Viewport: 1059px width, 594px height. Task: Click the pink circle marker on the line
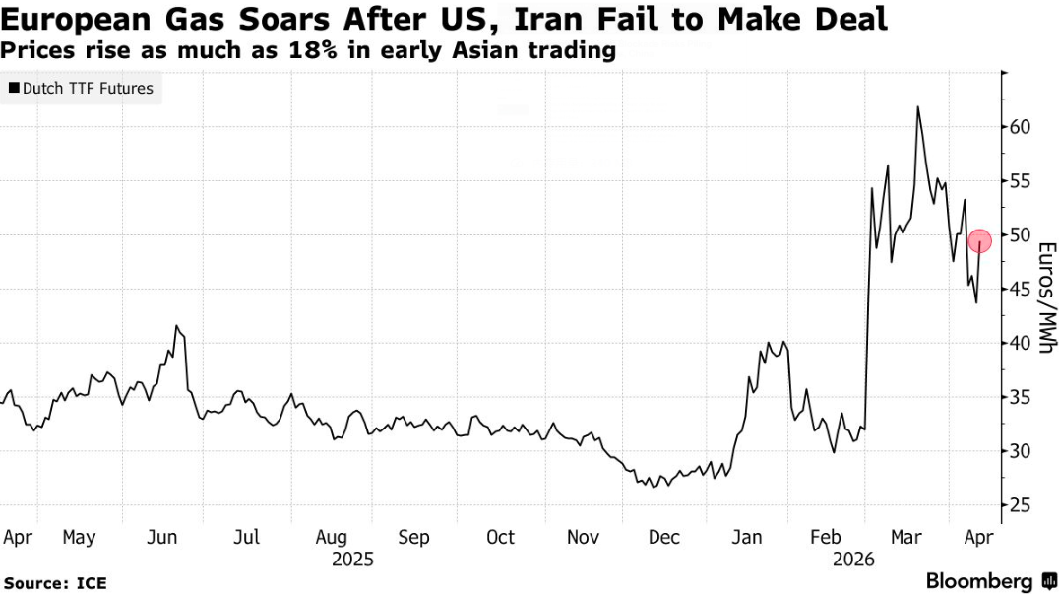979,240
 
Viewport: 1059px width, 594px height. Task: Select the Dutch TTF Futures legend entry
81,89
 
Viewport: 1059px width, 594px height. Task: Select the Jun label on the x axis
162,537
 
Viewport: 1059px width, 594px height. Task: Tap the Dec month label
665,537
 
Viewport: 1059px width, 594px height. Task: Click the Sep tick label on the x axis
414,537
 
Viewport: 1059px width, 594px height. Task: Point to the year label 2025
352,560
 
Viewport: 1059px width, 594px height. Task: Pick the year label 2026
854,560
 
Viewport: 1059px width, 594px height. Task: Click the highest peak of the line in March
917,106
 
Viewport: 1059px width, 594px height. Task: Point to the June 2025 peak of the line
176,325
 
